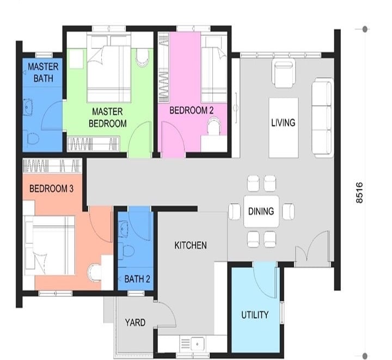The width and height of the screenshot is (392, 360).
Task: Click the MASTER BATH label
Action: point(43,72)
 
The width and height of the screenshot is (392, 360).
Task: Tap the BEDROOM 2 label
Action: point(192,110)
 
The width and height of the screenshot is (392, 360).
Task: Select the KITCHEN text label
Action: point(191,245)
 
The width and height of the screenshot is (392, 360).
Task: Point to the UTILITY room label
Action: point(255,315)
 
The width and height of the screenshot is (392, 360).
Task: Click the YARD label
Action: point(135,322)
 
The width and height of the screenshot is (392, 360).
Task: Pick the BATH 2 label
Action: point(137,279)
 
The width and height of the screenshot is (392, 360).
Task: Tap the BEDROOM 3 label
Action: point(51,189)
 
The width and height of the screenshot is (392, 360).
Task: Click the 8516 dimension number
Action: point(359,193)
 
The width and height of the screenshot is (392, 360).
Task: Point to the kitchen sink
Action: point(197,344)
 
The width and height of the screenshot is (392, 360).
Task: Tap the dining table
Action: point(261,212)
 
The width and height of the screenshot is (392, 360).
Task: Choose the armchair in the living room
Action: point(284,74)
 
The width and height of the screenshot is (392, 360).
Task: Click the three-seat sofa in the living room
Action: point(322,118)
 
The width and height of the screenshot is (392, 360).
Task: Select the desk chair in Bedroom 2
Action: point(215,126)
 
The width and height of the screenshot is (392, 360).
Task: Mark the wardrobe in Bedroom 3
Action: point(52,166)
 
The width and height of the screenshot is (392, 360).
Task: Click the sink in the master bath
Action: point(28,107)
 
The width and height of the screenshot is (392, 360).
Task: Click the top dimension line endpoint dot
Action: point(365,29)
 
